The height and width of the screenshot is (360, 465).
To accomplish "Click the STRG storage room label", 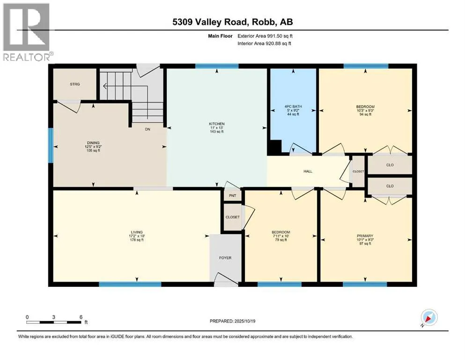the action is pyautogui.click(x=75, y=84).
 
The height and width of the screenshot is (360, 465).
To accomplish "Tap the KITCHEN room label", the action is pyautogui.click(x=217, y=124).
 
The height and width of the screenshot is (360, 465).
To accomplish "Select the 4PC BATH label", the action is pyautogui.click(x=293, y=106).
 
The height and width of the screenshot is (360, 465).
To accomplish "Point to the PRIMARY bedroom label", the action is pyautogui.click(x=365, y=236).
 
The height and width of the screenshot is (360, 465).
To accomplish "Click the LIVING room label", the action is pyautogui.click(x=137, y=232).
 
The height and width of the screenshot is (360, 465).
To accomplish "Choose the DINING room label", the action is pyautogui.click(x=93, y=143).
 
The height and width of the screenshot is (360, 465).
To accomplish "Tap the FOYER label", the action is pyautogui.click(x=225, y=258).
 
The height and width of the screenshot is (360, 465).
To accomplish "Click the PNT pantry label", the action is pyautogui.click(x=232, y=195).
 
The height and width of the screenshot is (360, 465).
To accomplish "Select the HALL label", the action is pyautogui.click(x=308, y=171).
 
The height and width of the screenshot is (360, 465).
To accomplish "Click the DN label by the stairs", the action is pyautogui.click(x=148, y=129).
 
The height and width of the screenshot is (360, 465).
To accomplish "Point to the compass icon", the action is pyautogui.click(x=429, y=317).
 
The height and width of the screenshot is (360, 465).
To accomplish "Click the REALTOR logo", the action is pyautogui.click(x=27, y=32).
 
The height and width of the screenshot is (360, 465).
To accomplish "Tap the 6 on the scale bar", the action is pyautogui.click(x=81, y=317).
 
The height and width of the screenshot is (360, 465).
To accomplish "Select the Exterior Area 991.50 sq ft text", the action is pyautogui.click(x=265, y=36).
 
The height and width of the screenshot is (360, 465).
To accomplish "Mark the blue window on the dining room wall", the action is pyautogui.click(x=51, y=145).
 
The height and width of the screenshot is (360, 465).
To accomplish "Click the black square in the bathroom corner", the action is pyautogui.click(x=274, y=148).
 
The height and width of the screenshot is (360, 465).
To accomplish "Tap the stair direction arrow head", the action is pyautogui.click(x=104, y=86).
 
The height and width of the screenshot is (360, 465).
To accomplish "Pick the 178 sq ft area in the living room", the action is pyautogui.click(x=137, y=240).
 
